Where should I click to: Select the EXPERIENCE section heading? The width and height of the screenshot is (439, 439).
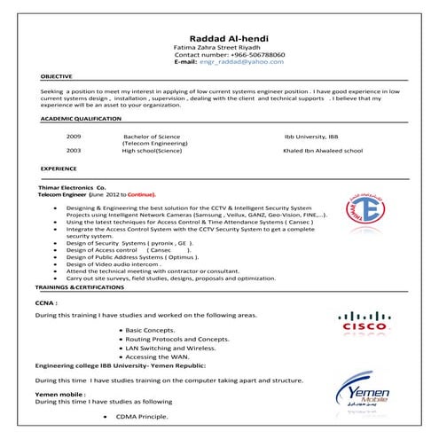59,168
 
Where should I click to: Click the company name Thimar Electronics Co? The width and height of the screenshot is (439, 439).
71,188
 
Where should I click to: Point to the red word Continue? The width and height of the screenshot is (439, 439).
140,194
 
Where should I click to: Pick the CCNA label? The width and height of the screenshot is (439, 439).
47,302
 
